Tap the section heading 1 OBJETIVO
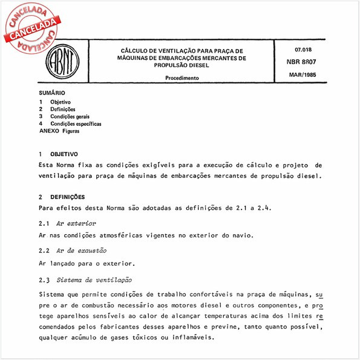(x=58, y=154)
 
